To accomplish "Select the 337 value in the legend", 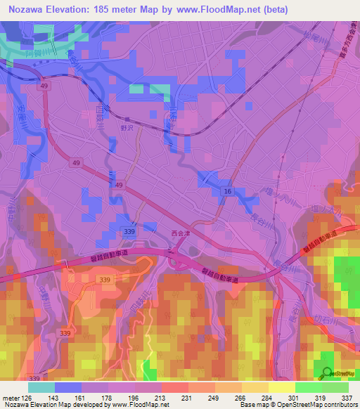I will pos(347,396).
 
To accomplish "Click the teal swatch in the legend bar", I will pos(41,387).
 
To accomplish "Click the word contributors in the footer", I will pos(338,404).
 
